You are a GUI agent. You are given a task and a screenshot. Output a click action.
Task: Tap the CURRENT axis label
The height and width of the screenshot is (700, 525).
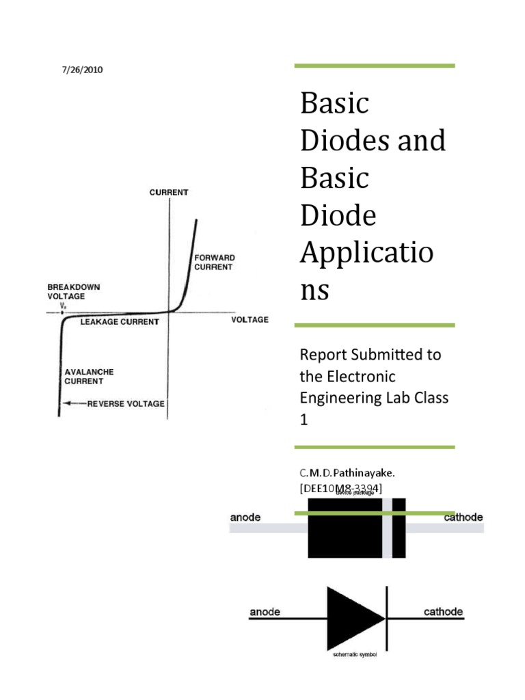[x=169, y=193]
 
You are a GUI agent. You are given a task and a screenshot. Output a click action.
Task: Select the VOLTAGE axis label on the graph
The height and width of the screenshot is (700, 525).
[x=250, y=319]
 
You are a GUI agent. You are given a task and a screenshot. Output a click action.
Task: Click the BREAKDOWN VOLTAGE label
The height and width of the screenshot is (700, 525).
[x=73, y=292]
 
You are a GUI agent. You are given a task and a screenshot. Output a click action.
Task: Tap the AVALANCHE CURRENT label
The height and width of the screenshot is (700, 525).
[x=89, y=377]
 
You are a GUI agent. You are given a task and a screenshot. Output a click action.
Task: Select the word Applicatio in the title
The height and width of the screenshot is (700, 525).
[x=366, y=254]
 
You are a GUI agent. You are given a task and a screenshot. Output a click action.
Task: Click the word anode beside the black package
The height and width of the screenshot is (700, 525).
[x=245, y=517]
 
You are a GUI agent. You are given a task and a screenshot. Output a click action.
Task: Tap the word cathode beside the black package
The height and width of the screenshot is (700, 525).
[x=463, y=517]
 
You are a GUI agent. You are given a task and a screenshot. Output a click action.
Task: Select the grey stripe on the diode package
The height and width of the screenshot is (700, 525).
[x=388, y=528]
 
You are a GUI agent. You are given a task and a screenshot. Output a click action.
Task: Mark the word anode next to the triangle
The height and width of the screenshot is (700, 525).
[x=265, y=611]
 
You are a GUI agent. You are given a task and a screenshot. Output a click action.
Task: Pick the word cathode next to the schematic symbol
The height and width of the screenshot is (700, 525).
[x=443, y=611]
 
